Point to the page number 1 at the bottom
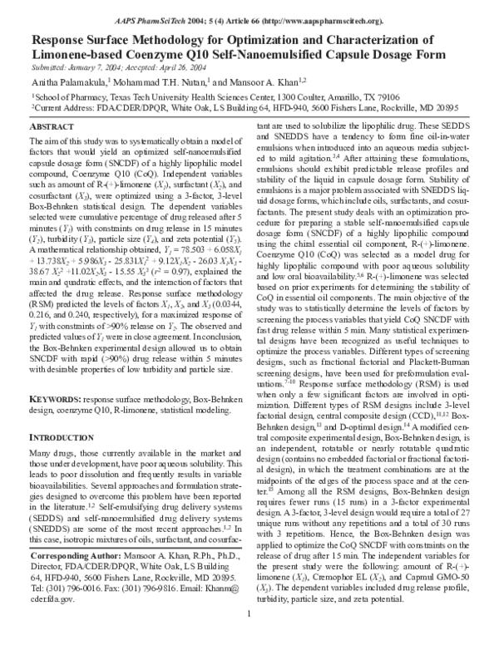[x=249, y=638]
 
